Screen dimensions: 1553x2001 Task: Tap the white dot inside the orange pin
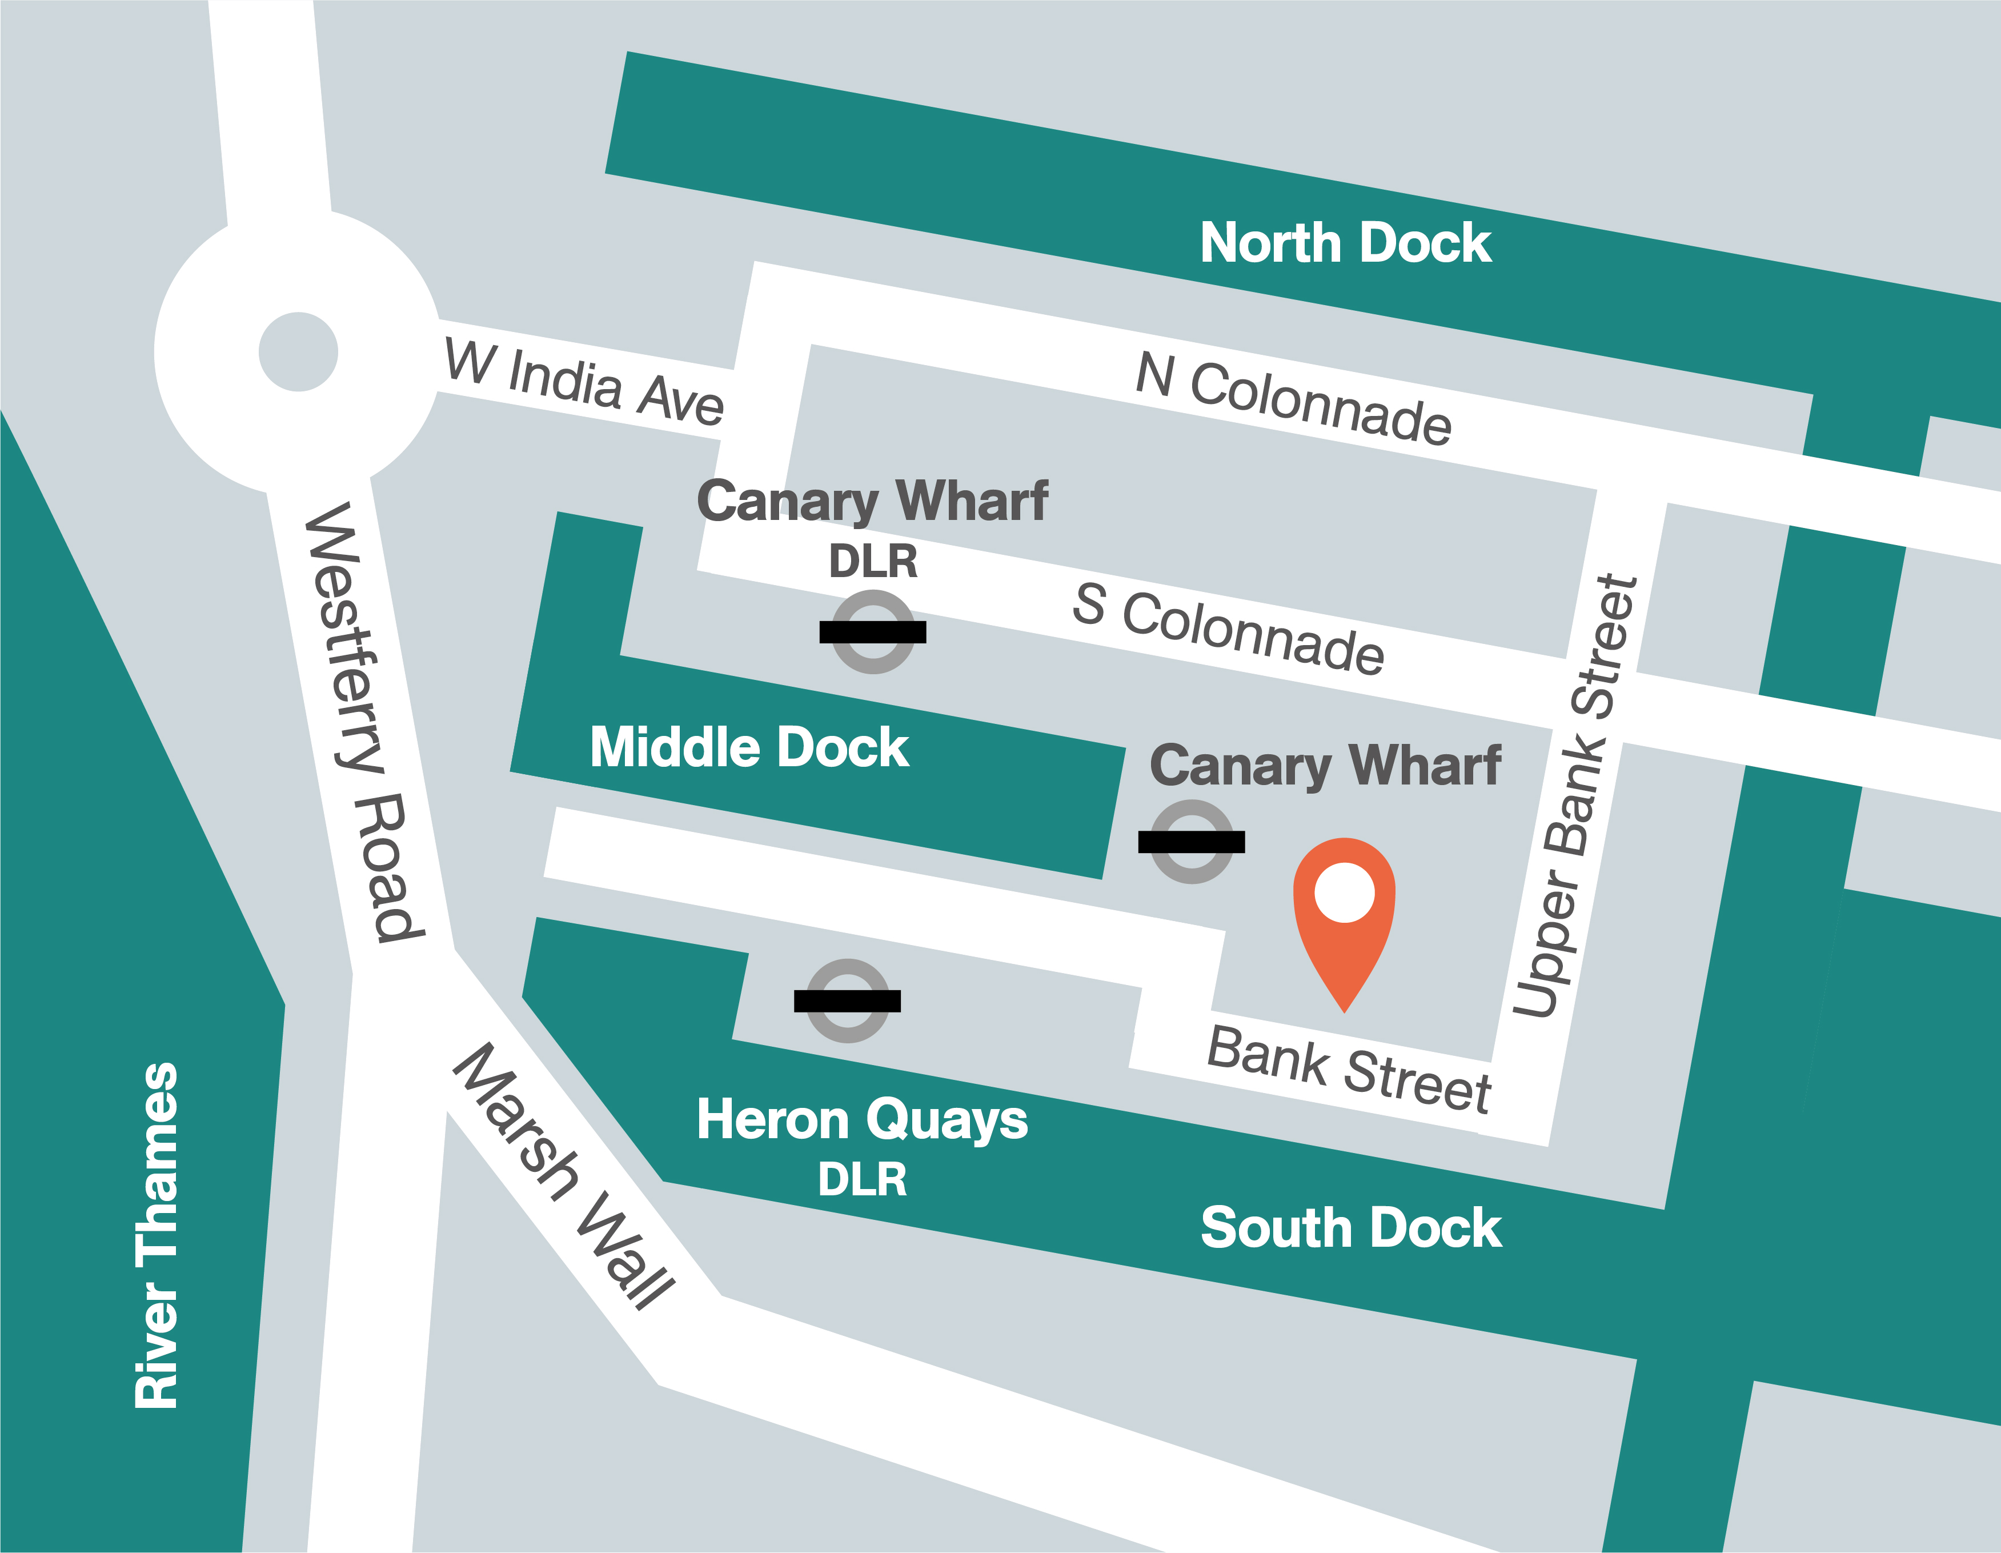click(1344, 892)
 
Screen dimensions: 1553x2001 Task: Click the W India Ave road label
click(584, 382)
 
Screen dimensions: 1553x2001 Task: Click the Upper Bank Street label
click(1575, 795)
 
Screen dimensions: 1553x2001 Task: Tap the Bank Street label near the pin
click(1349, 1069)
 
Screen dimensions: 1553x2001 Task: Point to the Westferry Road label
click(364, 722)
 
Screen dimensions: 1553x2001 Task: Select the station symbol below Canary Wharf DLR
click(872, 632)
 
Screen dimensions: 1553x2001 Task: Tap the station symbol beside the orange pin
click(1191, 842)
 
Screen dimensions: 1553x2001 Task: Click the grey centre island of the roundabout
click(298, 352)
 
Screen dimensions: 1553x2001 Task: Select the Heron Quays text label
click(861, 1120)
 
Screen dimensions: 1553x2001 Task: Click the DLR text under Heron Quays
click(861, 1179)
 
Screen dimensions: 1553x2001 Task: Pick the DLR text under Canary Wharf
click(872, 561)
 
